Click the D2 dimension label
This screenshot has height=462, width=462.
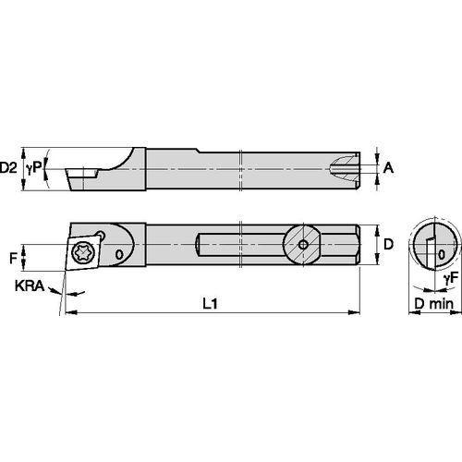(x=9, y=167)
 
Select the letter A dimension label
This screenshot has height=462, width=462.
(x=389, y=167)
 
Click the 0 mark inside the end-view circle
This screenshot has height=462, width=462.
(x=442, y=252)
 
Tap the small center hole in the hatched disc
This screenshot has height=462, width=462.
(x=303, y=244)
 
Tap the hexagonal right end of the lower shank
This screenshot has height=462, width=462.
(x=348, y=244)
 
